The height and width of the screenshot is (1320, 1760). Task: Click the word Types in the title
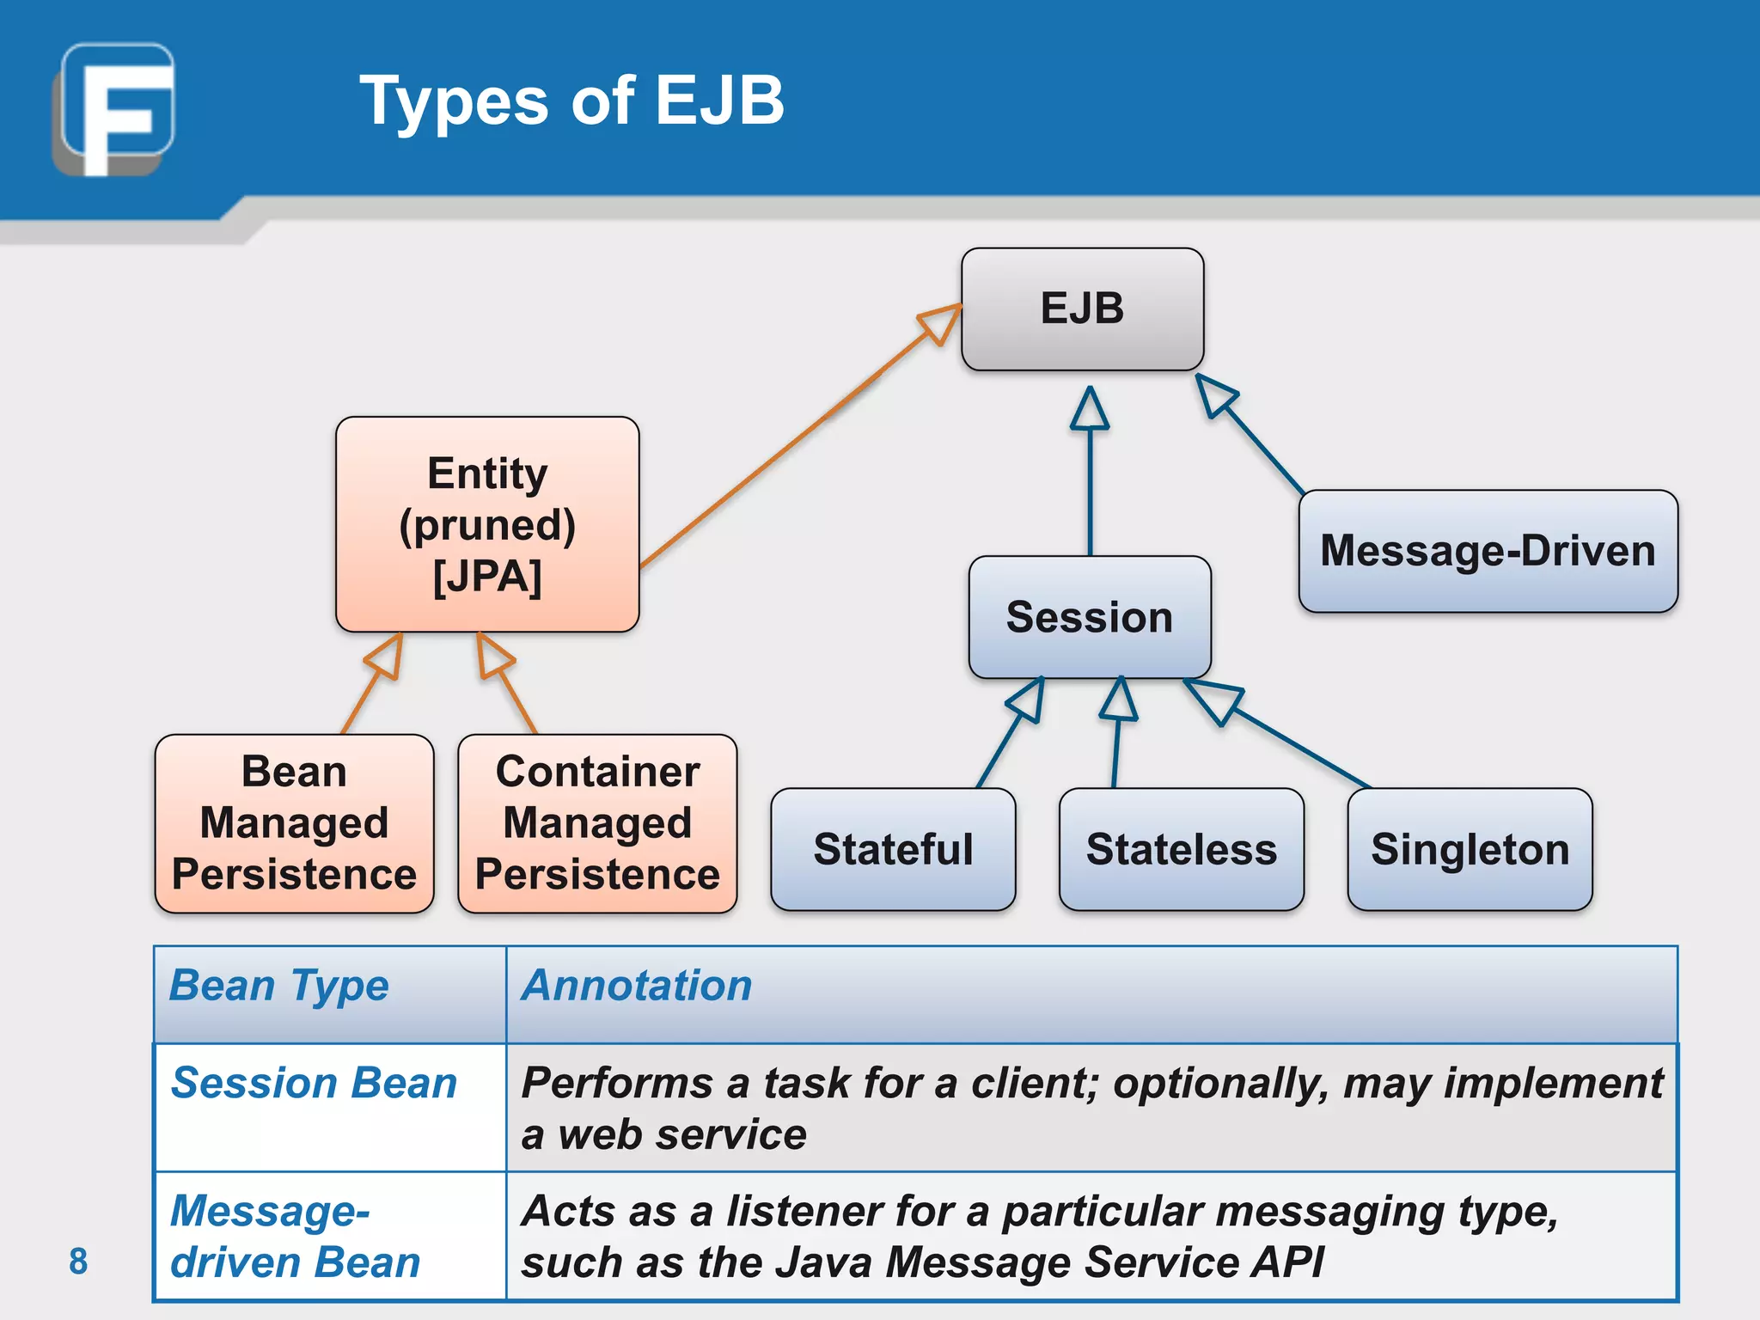pyautogui.click(x=454, y=101)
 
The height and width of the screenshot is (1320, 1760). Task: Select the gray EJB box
pyautogui.click(x=1082, y=309)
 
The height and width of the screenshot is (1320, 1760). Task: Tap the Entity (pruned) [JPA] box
pyautogui.click(x=487, y=524)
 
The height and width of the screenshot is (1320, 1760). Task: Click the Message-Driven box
pyautogui.click(x=1488, y=551)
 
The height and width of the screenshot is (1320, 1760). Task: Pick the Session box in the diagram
pyautogui.click(x=1089, y=617)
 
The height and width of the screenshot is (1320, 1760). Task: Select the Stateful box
pyautogui.click(x=893, y=849)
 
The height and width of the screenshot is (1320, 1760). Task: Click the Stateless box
pyautogui.click(x=1181, y=849)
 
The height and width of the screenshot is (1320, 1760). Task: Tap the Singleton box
pyautogui.click(x=1470, y=849)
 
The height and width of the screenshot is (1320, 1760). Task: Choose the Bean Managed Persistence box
pyautogui.click(x=294, y=823)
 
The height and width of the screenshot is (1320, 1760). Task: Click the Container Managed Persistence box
pyautogui.click(x=597, y=823)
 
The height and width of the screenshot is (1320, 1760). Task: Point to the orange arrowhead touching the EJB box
pyautogui.click(x=941, y=322)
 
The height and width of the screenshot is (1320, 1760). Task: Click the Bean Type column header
pyautogui.click(x=279, y=985)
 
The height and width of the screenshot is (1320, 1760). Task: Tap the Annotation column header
pyautogui.click(x=637, y=985)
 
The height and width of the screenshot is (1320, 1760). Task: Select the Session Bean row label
pyautogui.click(x=314, y=1083)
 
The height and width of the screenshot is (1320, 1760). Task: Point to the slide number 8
pyautogui.click(x=78, y=1261)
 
